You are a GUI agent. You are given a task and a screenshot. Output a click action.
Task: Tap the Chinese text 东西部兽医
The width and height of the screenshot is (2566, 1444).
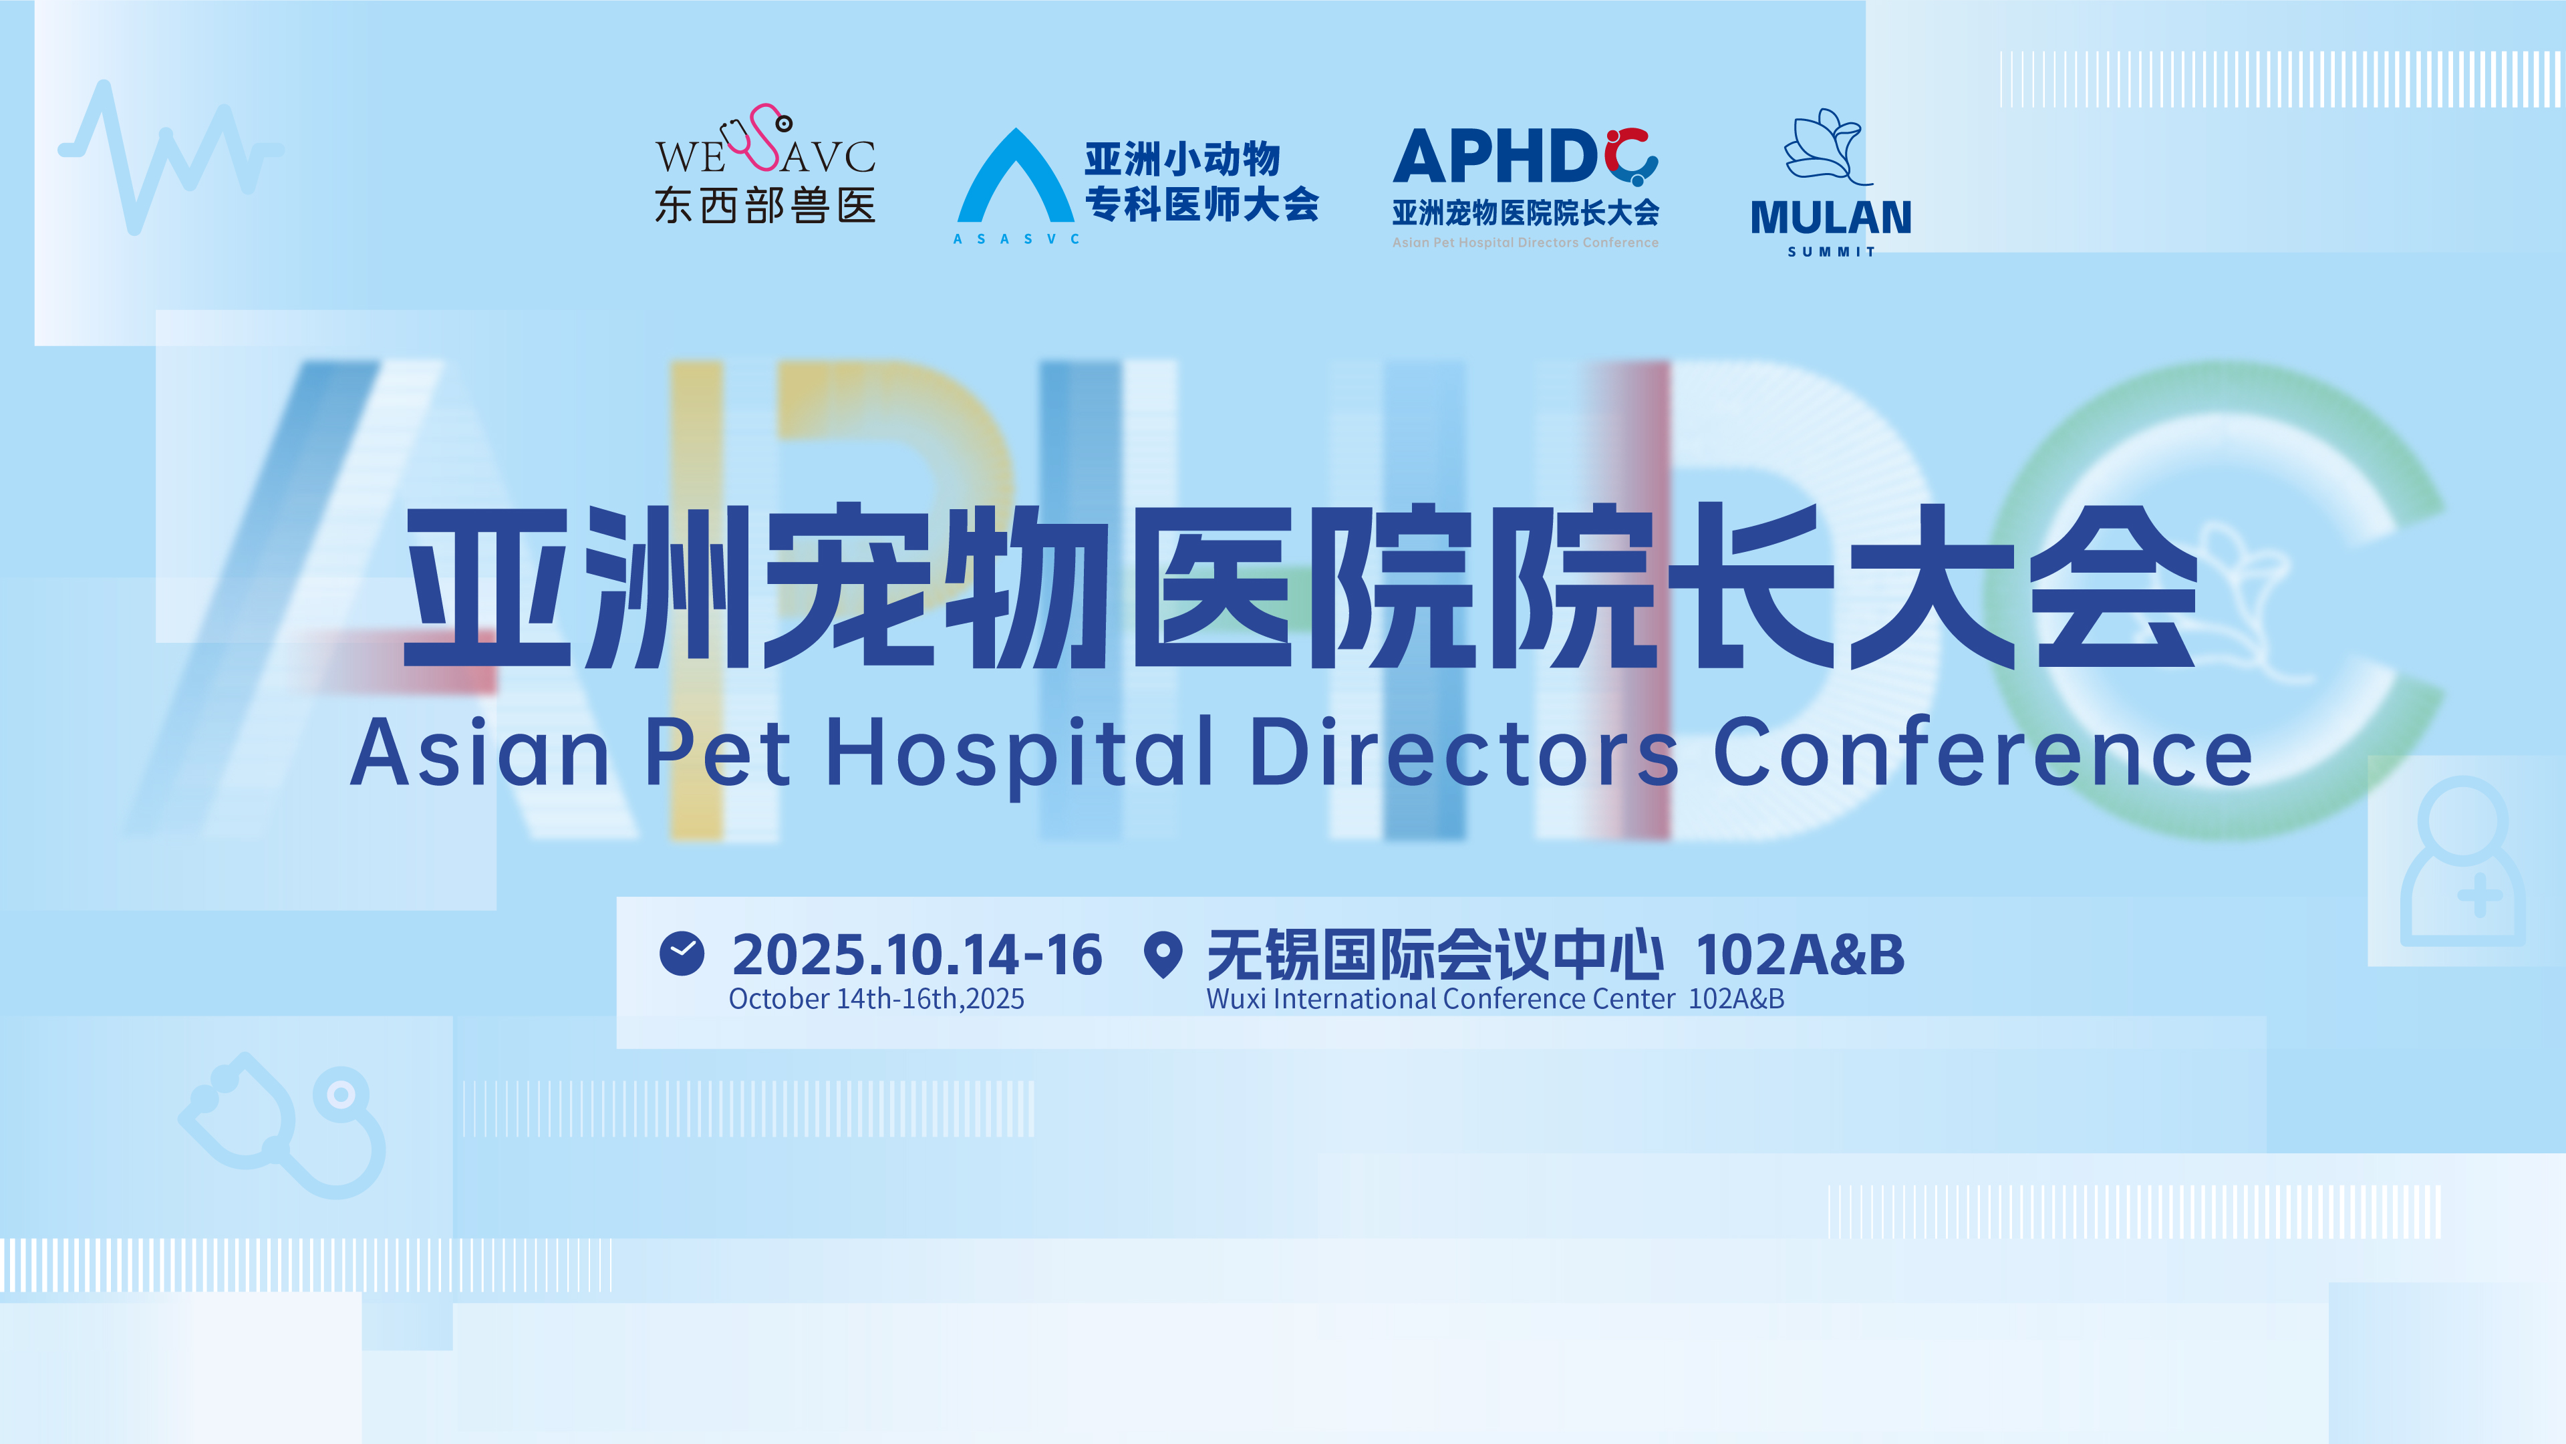[x=765, y=205]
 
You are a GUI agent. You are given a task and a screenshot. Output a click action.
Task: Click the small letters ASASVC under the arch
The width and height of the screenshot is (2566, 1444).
[x=1016, y=239]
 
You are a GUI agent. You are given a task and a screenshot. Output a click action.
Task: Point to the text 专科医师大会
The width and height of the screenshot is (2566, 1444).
[x=1201, y=204]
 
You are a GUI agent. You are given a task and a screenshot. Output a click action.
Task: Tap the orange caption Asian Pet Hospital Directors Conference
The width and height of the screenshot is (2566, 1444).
[x=1525, y=242]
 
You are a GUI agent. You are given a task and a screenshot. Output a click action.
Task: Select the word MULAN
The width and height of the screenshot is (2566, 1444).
[x=1831, y=217]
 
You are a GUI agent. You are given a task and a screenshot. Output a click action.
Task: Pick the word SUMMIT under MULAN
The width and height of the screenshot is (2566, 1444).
[x=1831, y=252]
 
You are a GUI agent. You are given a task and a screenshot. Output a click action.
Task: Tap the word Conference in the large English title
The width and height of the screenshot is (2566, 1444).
[x=1982, y=753]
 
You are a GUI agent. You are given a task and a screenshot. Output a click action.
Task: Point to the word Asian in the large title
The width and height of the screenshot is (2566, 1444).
[x=480, y=753]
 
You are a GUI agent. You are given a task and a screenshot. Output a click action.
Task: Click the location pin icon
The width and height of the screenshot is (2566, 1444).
[x=1163, y=955]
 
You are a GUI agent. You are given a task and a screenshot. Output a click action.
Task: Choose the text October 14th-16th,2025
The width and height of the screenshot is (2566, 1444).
[x=877, y=999]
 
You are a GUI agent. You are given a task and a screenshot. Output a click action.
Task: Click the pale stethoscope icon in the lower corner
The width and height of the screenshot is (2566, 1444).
[x=282, y=1125]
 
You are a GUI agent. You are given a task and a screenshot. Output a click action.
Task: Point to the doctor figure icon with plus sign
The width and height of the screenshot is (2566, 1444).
[x=2462, y=861]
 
